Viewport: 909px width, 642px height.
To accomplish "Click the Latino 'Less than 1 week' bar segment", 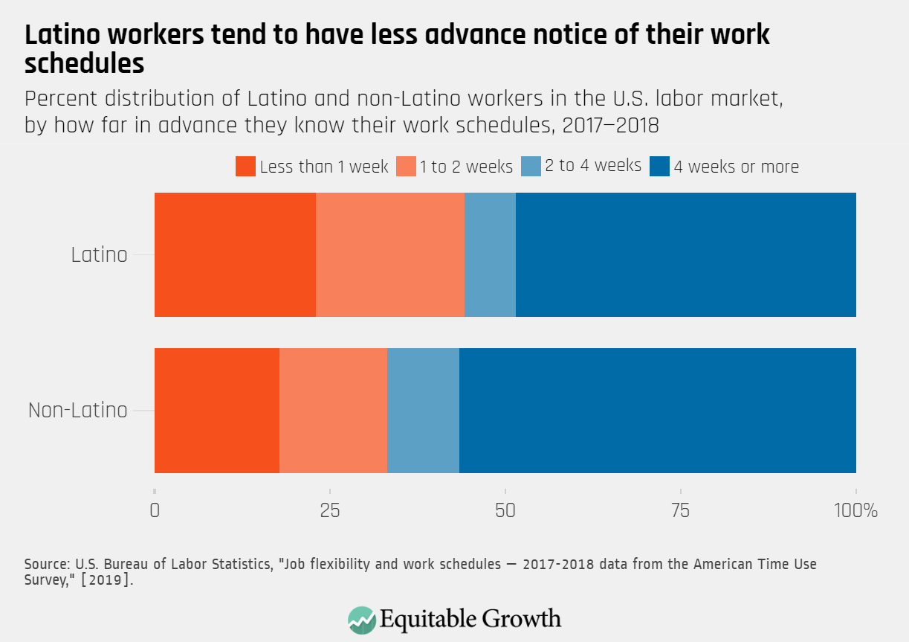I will (x=235, y=254).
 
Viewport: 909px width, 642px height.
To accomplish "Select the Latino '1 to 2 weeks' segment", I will (x=389, y=254).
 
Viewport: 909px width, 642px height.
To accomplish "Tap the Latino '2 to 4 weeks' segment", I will (x=490, y=254).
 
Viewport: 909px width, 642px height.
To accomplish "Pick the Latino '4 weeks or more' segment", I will (x=685, y=254).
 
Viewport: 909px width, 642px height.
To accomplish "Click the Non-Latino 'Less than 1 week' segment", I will (x=216, y=410).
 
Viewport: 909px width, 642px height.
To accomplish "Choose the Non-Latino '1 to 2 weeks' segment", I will (x=333, y=410).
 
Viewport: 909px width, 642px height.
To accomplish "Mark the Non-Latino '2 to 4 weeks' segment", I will (x=423, y=410).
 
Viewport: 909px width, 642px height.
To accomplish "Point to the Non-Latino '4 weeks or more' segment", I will (x=657, y=410).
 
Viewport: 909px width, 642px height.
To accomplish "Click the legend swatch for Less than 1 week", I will (x=245, y=167).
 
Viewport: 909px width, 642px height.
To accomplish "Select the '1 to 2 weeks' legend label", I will (x=465, y=167).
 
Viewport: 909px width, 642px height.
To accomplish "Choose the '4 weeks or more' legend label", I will (x=735, y=167).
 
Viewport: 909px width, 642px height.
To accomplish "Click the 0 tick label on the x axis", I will (x=155, y=511).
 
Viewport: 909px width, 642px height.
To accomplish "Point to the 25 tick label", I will (x=329, y=511).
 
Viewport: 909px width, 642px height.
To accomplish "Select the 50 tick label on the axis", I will (x=505, y=511).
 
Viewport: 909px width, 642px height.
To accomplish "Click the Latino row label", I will (x=99, y=254).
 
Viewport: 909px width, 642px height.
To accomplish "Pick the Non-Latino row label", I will (x=77, y=410).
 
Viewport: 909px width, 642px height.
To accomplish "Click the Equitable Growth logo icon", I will (x=361, y=620).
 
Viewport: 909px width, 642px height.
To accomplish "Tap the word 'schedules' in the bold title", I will (x=84, y=63).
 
